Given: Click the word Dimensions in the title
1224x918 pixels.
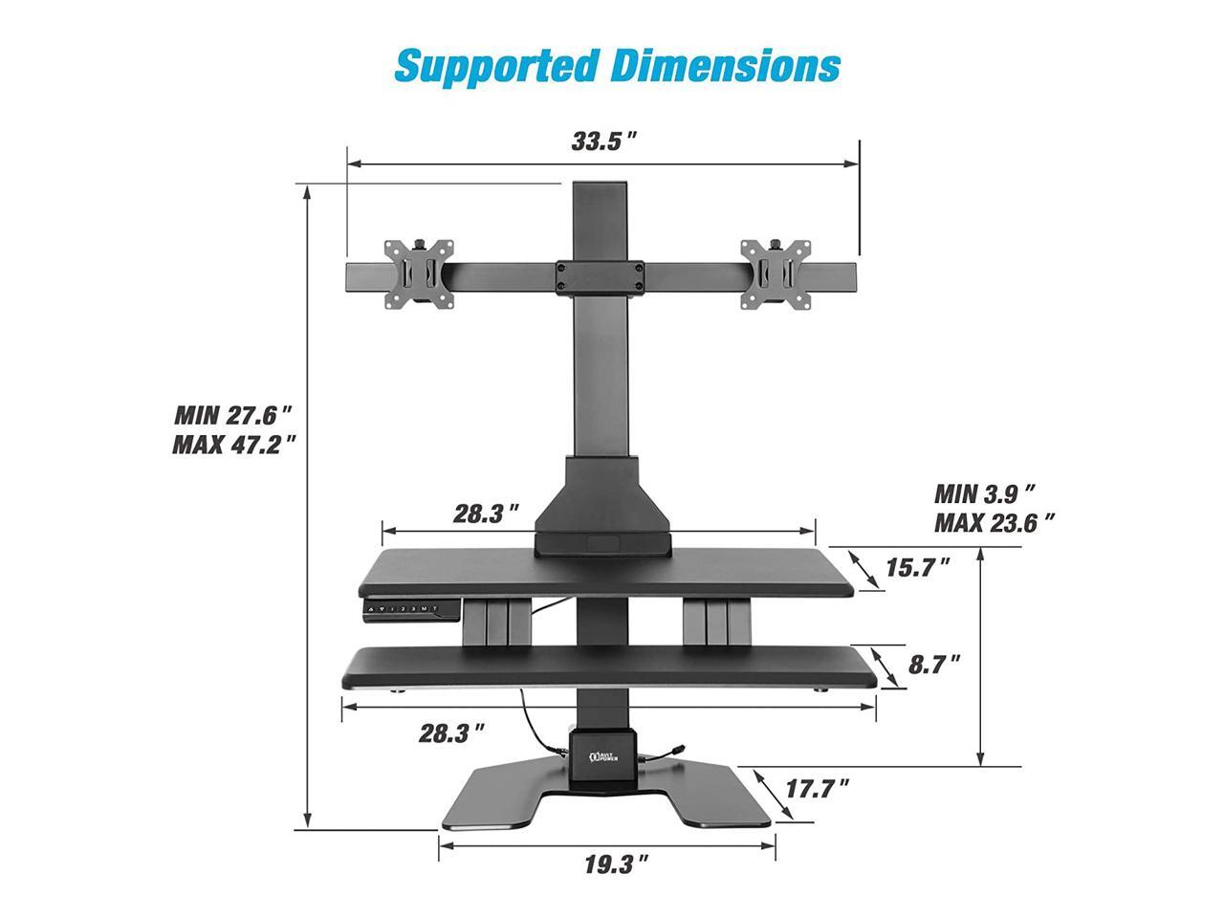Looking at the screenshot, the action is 725,65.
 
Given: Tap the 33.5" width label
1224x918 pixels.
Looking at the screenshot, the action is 602,142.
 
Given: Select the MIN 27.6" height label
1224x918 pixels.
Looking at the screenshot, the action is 233,416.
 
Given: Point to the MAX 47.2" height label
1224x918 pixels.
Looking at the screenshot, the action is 233,445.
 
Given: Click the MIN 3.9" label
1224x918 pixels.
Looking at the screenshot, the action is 984,493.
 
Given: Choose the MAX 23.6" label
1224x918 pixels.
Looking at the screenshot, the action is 994,523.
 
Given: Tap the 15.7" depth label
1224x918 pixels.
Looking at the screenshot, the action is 917,567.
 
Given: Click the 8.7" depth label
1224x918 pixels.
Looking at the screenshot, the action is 934,665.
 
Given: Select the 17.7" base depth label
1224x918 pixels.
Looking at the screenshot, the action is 817,789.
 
